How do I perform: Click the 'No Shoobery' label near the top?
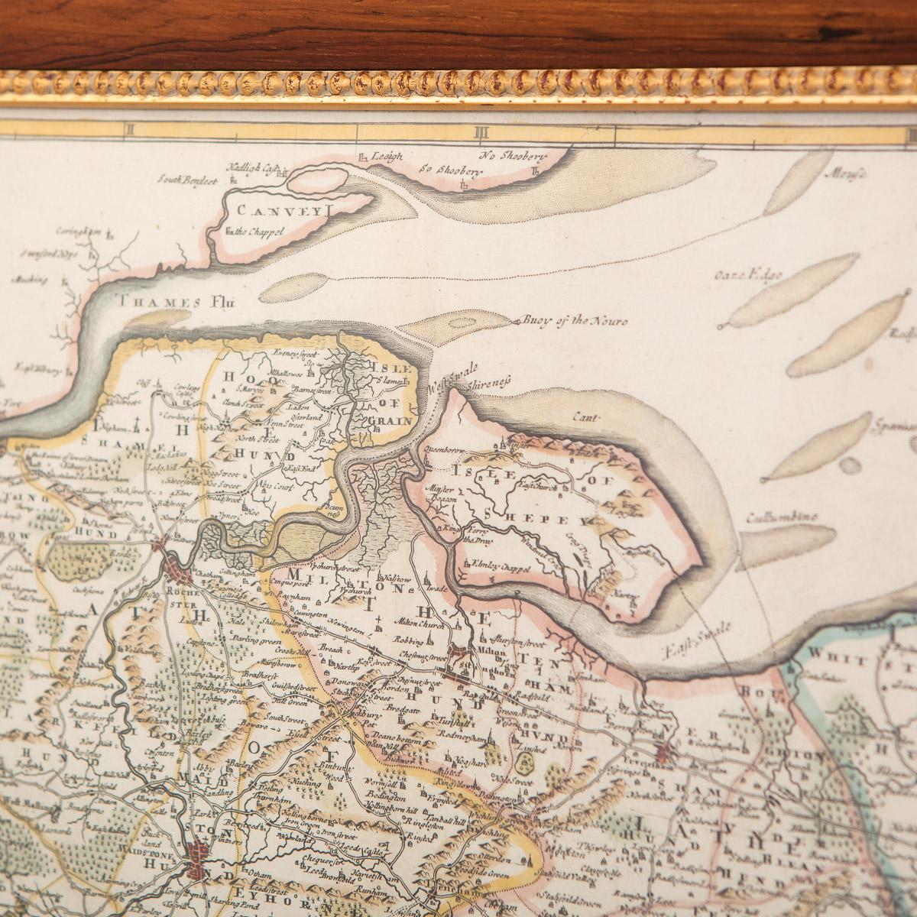point(513,157)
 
